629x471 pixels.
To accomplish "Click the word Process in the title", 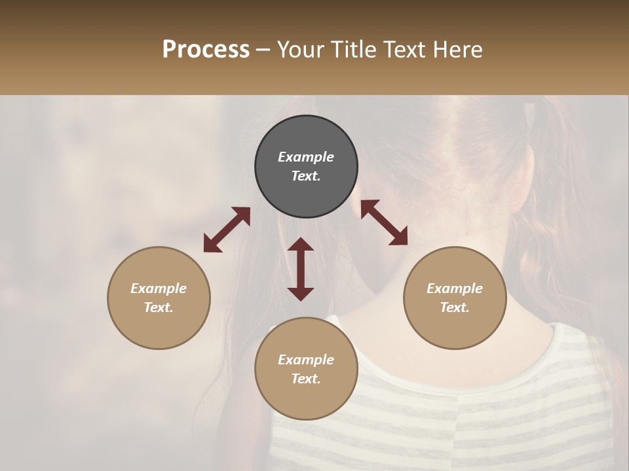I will pyautogui.click(x=206, y=50).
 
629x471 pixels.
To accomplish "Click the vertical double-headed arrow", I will pyautogui.click(x=301, y=269).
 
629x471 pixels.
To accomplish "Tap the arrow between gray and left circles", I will pyautogui.click(x=227, y=229).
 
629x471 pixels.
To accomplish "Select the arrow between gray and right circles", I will pyautogui.click(x=384, y=222).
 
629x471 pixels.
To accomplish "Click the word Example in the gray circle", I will pyautogui.click(x=306, y=157).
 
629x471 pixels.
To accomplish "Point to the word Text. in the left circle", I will pyautogui.click(x=159, y=307).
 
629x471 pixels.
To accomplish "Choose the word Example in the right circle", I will pyautogui.click(x=455, y=288).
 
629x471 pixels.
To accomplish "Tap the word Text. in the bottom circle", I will pyautogui.click(x=306, y=379).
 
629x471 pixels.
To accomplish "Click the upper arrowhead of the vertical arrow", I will pyautogui.click(x=301, y=245).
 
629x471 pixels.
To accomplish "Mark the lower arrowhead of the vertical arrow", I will pyautogui.click(x=301, y=294).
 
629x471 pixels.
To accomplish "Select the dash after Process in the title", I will pyautogui.click(x=263, y=50).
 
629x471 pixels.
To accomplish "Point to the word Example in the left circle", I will pyautogui.click(x=159, y=288).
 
